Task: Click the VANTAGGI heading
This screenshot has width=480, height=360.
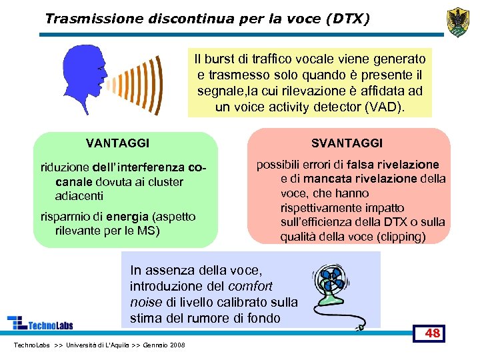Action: coord(118,143)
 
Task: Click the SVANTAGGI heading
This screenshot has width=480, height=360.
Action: coord(347,143)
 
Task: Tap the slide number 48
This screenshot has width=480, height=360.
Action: coord(432,333)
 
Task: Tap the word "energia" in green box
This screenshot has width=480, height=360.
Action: coord(127,216)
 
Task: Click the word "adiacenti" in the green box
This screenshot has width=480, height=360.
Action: coord(79,196)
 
